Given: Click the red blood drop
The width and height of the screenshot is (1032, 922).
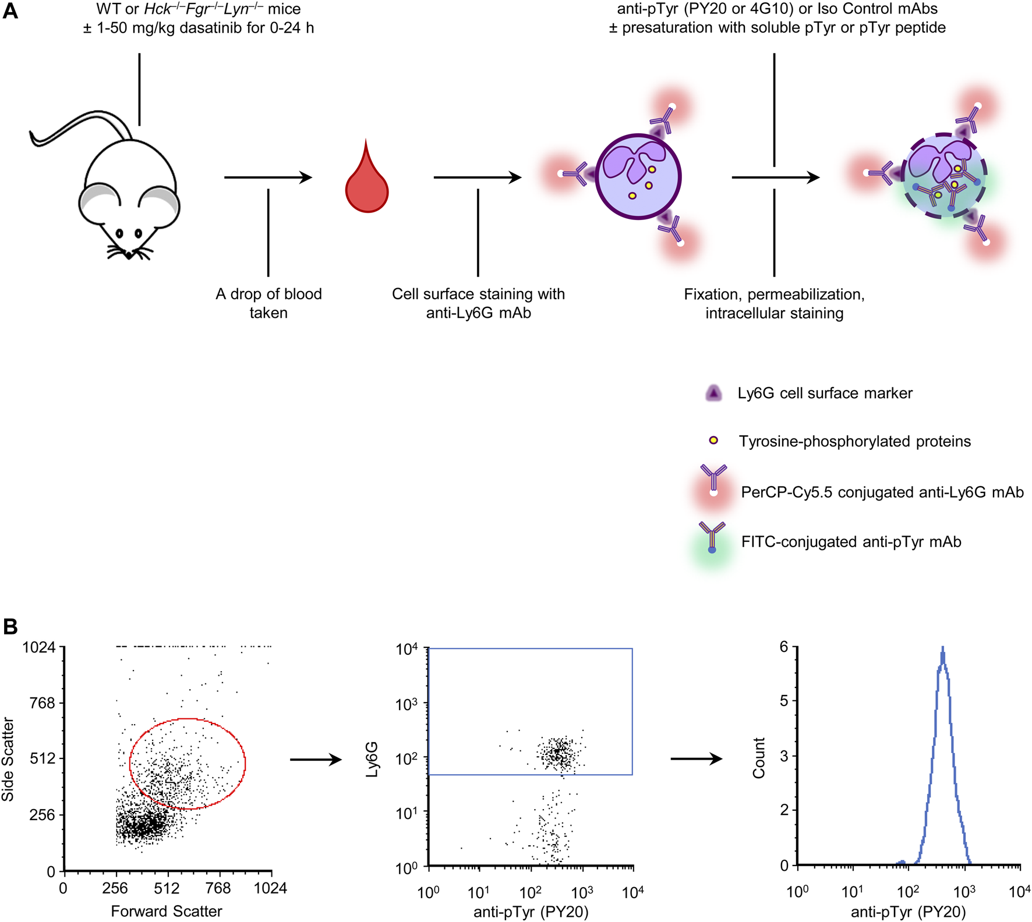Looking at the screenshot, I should point(366,184).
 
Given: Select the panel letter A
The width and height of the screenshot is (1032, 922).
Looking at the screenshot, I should point(10,12).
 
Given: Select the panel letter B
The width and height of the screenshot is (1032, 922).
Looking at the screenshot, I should point(10,626).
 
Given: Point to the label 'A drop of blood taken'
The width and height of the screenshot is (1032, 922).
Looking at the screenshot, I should point(268,303).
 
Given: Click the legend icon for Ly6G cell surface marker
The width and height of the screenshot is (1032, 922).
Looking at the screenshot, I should point(713,393).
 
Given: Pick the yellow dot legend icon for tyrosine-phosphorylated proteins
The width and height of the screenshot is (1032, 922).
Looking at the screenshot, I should point(713,441).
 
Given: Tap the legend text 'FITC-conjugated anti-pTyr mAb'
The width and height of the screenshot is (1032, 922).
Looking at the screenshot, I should point(851,542).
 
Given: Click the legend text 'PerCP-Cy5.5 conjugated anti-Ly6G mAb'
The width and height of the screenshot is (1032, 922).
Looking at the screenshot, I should point(882,492).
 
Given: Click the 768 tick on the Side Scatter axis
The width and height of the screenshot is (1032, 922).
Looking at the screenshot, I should point(42,703).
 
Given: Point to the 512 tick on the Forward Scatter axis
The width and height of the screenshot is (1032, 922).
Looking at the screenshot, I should point(167,889).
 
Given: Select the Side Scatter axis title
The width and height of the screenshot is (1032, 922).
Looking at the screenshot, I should point(8,759).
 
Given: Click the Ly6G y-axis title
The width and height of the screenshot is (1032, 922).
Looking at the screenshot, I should point(372,759).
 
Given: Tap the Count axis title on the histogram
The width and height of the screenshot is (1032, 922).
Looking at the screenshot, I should point(758,758).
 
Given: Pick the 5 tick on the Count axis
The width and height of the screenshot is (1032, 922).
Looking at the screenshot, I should point(784,701).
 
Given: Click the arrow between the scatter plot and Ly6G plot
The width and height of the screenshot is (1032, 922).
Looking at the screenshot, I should point(316,759).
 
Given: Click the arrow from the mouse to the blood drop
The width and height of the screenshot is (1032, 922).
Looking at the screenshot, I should point(268,178).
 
